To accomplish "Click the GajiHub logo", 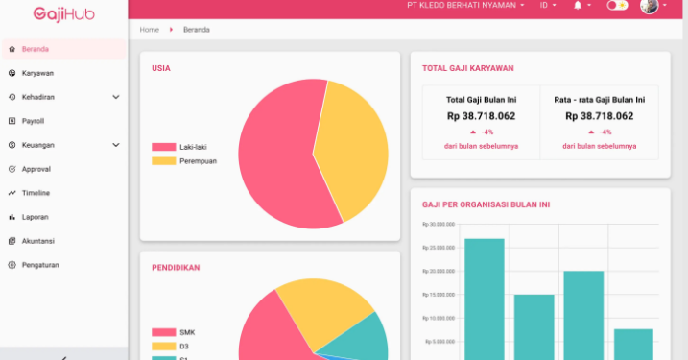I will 62,13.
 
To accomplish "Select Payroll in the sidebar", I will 33,121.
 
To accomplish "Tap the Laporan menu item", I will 35,217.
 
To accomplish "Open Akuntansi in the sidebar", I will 37,241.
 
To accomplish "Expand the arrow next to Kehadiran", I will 116,97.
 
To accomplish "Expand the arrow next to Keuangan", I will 116,145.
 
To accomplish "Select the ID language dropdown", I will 548,6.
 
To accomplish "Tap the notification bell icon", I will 579,6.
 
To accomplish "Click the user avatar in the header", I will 650,6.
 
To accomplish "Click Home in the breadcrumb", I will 149,30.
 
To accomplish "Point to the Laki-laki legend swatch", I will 163,147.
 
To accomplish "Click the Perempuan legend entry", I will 197,161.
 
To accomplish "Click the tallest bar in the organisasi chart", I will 484,298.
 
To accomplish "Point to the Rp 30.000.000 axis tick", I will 438,225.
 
